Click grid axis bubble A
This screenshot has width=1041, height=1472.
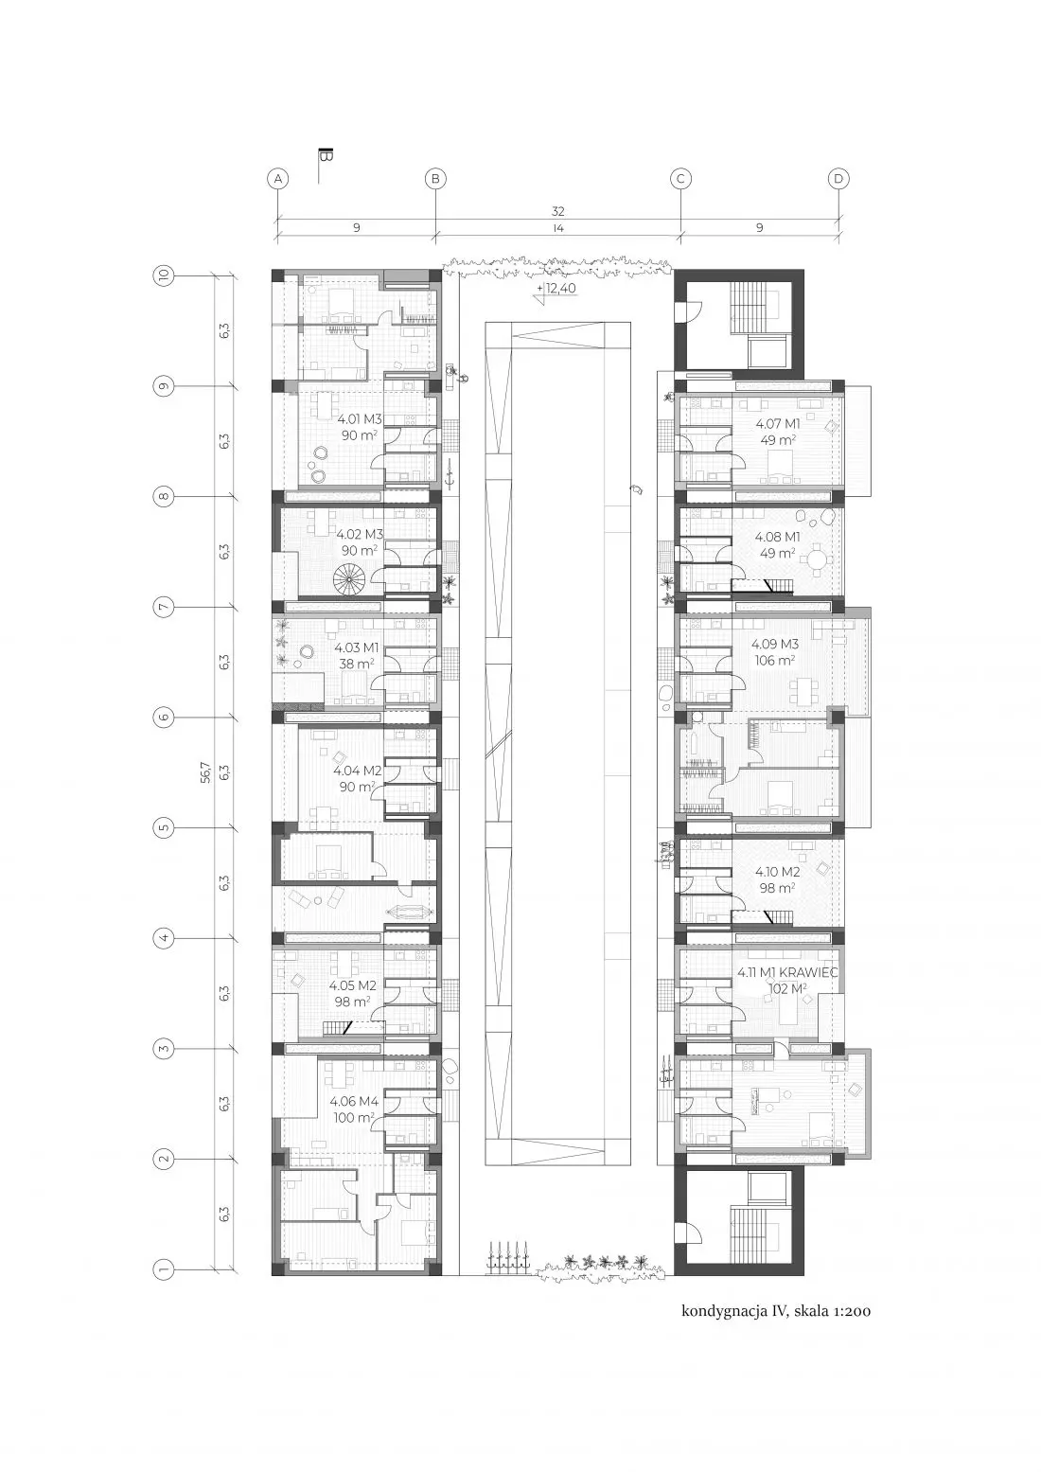click(278, 179)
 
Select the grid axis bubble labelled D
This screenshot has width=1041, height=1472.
click(838, 179)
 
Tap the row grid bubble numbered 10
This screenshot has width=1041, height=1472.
click(165, 275)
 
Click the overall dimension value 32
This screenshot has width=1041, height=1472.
click(557, 212)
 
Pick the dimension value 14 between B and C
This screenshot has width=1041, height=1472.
click(557, 228)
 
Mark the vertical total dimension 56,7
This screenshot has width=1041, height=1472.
click(205, 772)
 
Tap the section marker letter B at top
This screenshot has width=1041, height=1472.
click(326, 156)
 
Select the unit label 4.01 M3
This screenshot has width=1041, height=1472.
click(360, 418)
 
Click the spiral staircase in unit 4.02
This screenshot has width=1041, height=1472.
click(349, 579)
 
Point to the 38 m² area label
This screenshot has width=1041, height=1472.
click(356, 665)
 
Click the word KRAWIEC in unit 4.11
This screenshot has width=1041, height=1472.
click(812, 972)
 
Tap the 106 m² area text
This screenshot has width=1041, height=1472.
click(775, 661)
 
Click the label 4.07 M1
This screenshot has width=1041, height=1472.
click(778, 424)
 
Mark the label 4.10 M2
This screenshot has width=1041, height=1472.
click(777, 872)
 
